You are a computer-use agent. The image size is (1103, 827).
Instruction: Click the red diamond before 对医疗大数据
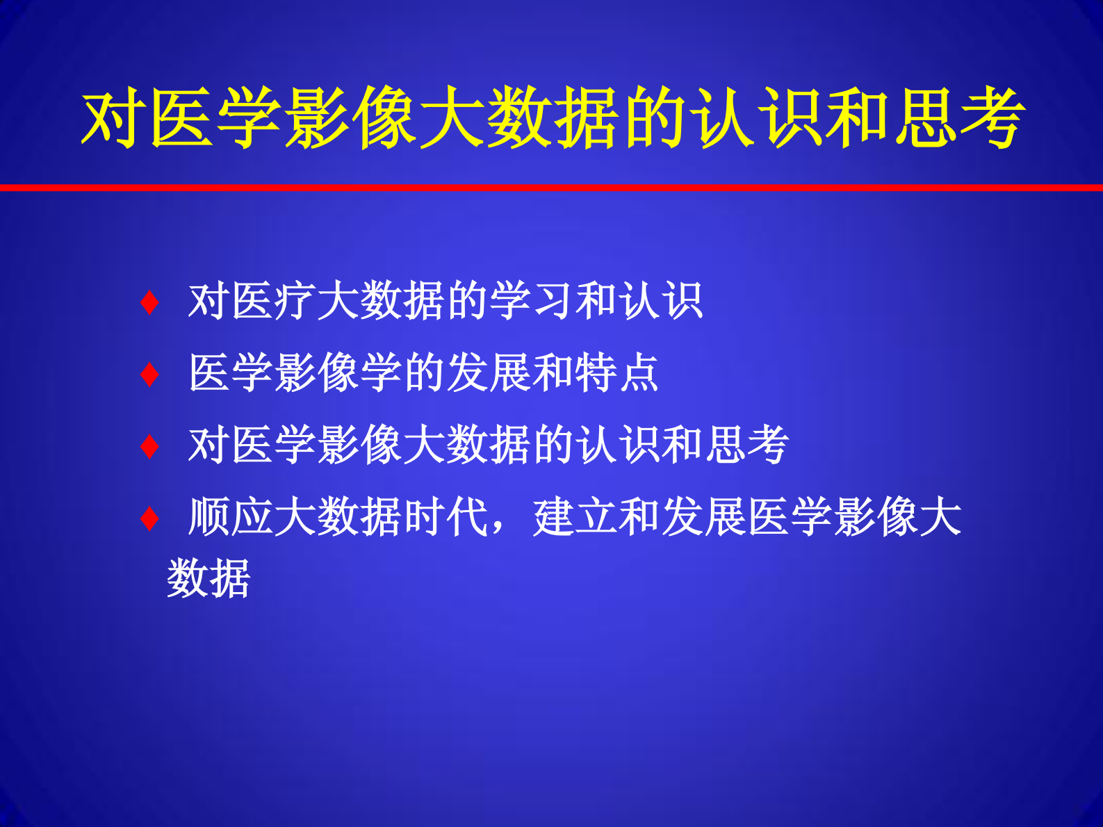coord(149,303)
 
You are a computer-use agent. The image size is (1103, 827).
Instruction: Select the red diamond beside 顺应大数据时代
coord(149,518)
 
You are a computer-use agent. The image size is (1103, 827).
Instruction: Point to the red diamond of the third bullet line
coord(149,446)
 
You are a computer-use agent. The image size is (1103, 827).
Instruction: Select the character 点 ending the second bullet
coord(639,373)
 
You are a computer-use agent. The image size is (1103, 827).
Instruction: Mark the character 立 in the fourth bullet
coord(597,517)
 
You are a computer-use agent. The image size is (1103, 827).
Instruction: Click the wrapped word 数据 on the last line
coord(209,578)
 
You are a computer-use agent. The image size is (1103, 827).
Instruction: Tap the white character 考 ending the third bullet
coord(769,445)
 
